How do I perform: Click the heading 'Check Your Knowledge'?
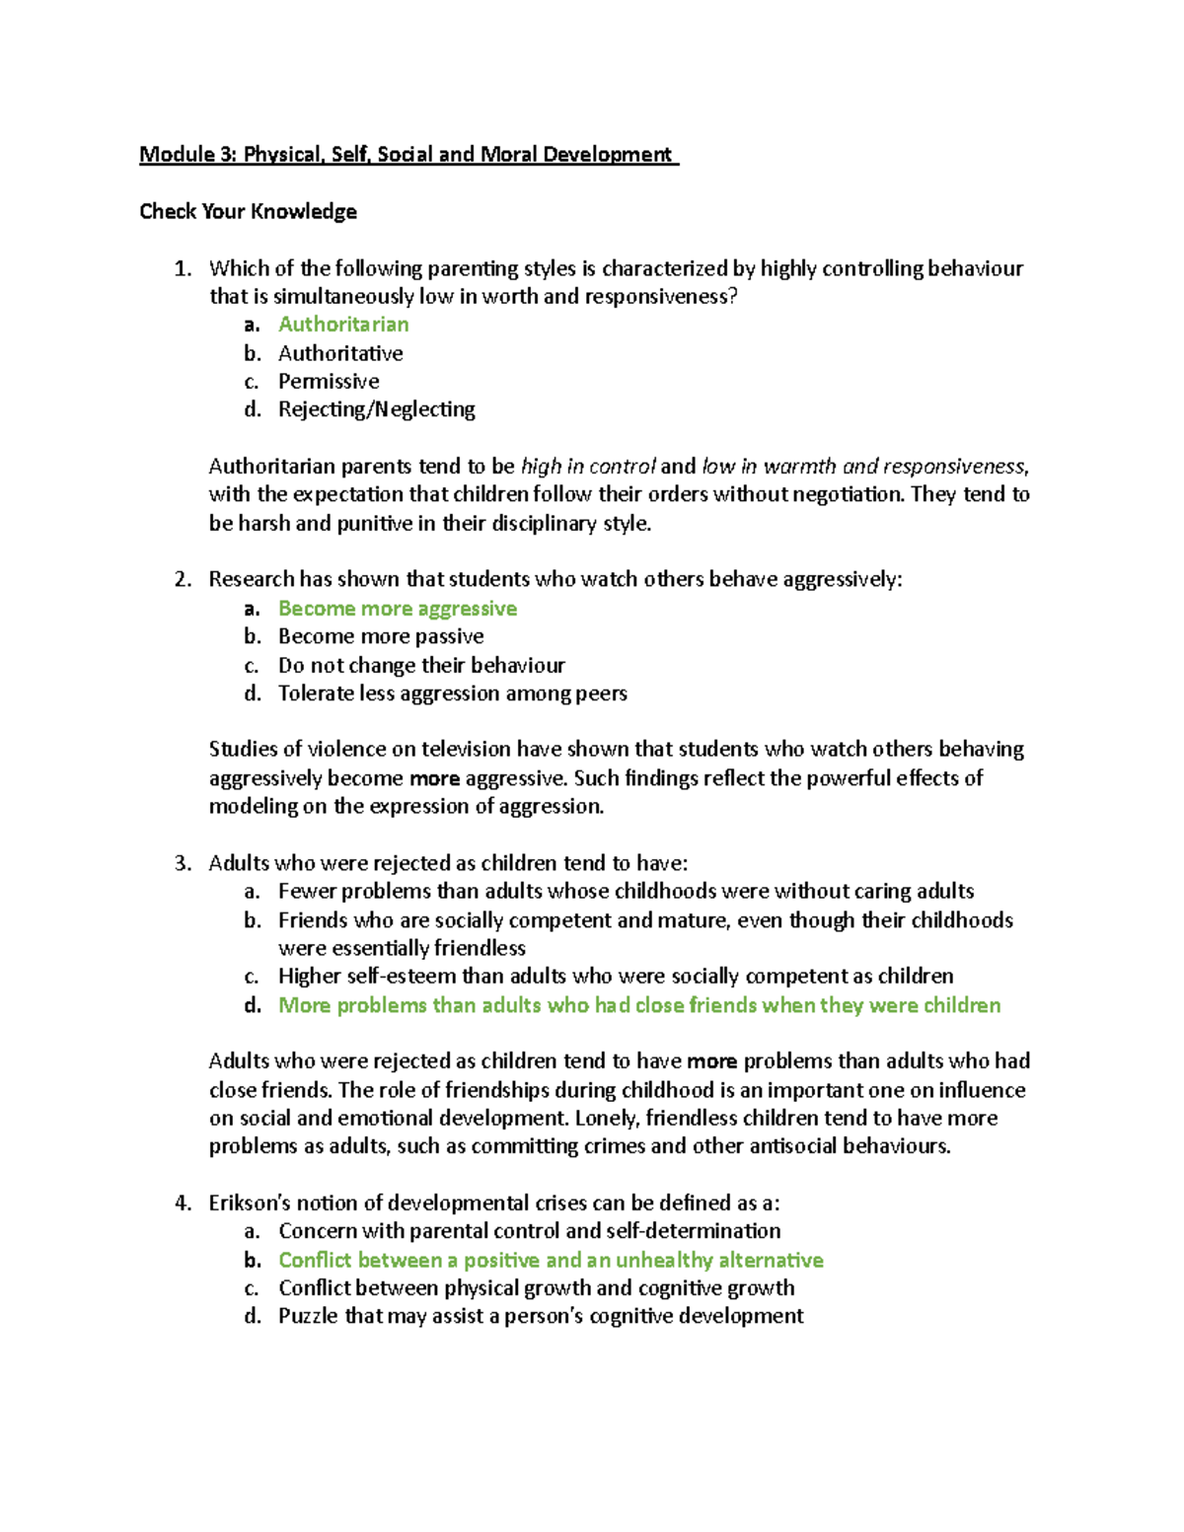pos(248,211)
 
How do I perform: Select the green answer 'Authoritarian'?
pos(342,325)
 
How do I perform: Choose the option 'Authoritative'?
pos(340,353)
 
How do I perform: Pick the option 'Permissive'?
pos(329,381)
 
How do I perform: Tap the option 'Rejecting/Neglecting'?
pos(376,409)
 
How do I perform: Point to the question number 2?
pos(182,579)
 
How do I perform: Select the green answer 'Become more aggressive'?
pos(397,609)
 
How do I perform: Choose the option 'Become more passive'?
pos(381,636)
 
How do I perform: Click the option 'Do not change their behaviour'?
pos(421,665)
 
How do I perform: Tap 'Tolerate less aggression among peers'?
pos(452,693)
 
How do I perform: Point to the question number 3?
pos(182,863)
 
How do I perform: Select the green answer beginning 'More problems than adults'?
pos(638,1005)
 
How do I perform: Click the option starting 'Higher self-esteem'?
pos(615,977)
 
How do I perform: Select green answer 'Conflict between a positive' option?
pos(550,1260)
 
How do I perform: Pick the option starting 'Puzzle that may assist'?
pos(540,1316)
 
